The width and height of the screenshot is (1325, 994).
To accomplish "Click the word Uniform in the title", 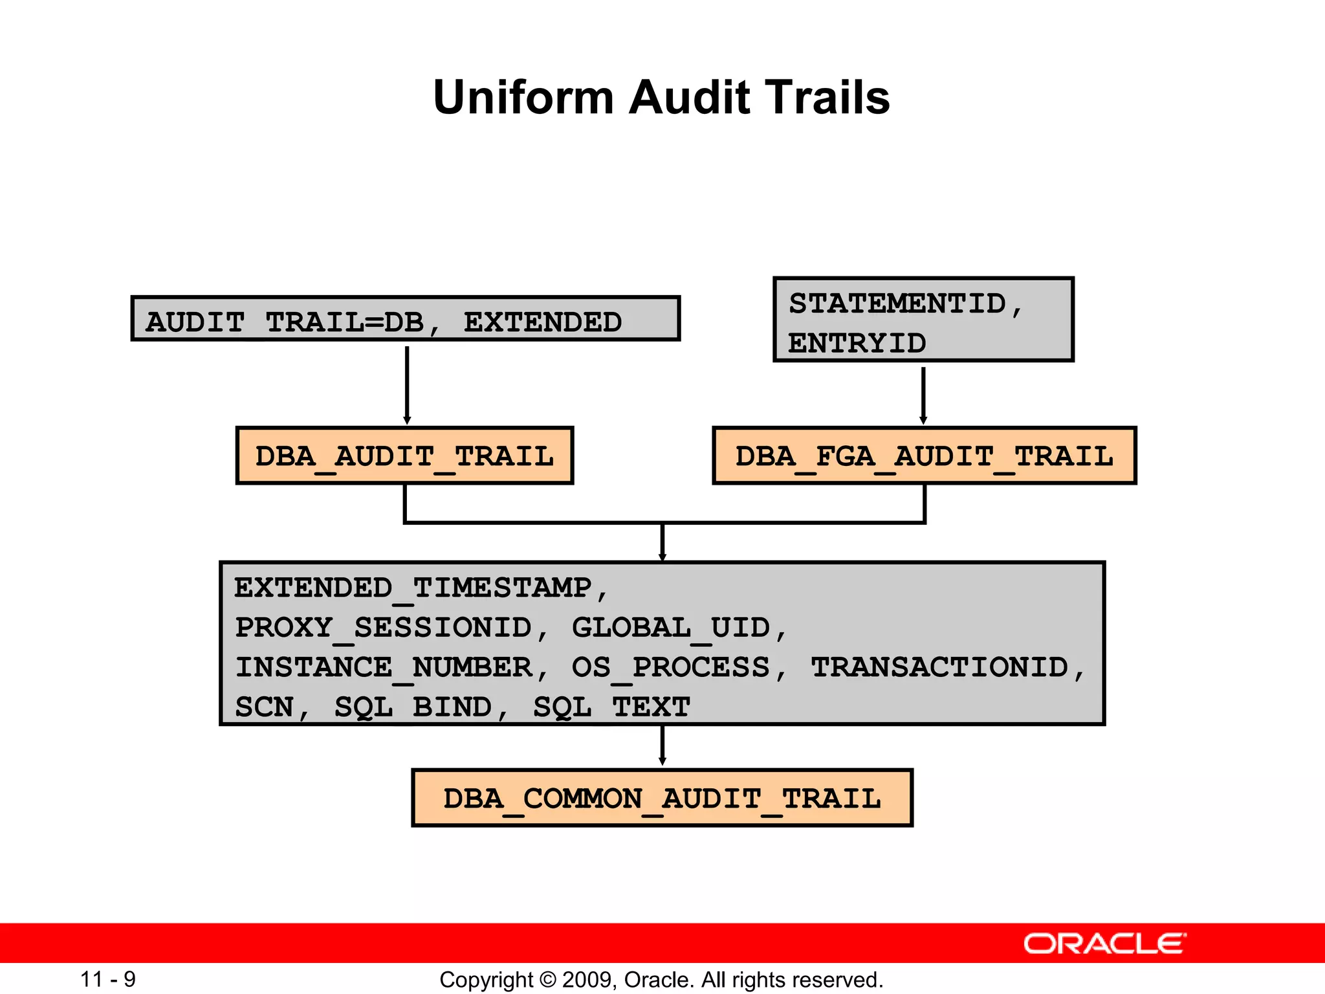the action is pyautogui.click(x=523, y=98).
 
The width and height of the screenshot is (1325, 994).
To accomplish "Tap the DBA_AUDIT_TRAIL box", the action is pyautogui.click(x=404, y=456).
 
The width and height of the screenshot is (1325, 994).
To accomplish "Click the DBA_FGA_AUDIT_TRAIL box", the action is pyautogui.click(x=924, y=456).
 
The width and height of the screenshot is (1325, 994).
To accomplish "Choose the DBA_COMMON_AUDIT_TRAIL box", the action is pyautogui.click(x=662, y=798).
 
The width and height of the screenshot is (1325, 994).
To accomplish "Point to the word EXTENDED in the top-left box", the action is pyautogui.click(x=542, y=322).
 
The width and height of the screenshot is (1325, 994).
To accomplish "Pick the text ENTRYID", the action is pyautogui.click(x=857, y=343).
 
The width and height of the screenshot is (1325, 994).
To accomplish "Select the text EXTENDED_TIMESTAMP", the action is pyautogui.click(x=413, y=588).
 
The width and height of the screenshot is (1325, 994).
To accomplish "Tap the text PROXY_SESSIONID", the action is pyautogui.click(x=383, y=628).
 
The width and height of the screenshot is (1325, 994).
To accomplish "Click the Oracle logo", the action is pyautogui.click(x=1104, y=944).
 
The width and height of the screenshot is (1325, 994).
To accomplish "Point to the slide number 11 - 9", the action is pyautogui.click(x=108, y=979).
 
